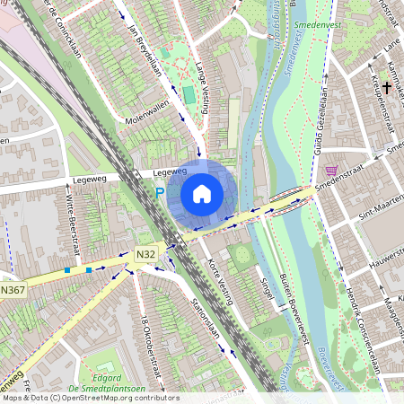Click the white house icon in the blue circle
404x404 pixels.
[202, 193]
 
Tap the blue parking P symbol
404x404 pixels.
[160, 192]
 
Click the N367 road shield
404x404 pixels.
[13, 289]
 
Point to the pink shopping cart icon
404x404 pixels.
[332, 170]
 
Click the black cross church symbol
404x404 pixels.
[386, 88]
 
